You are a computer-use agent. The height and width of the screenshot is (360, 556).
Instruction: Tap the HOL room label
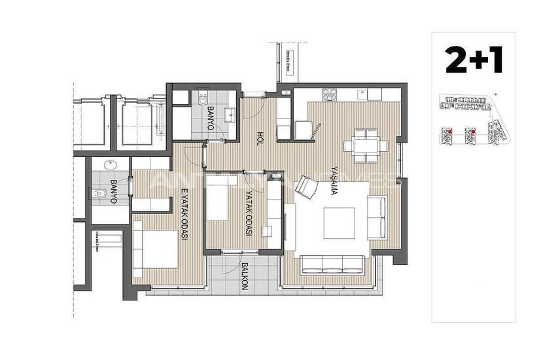click(260, 138)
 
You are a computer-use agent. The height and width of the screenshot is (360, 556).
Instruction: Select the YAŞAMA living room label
click(335, 179)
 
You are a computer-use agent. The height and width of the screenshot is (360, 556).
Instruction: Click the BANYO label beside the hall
click(211, 118)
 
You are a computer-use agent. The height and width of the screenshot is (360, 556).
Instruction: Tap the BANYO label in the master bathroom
click(113, 191)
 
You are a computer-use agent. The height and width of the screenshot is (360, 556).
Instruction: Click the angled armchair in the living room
click(305, 188)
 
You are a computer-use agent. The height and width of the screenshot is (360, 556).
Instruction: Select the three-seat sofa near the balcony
click(332, 264)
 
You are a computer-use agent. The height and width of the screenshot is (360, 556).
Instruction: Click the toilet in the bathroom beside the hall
click(201, 99)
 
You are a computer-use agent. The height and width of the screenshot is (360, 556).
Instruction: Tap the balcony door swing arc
click(230, 262)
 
